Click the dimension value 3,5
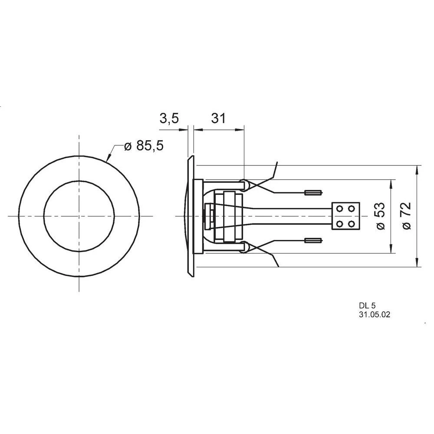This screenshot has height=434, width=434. pos(169,118)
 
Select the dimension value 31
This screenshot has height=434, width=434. pos(218,118)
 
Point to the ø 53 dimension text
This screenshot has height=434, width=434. pos(380,216)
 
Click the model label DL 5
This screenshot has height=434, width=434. pos(367,306)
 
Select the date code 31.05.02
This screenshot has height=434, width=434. pos(374,316)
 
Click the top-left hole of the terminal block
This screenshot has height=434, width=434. pos(339,209)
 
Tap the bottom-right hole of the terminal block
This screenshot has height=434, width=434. pos(353,224)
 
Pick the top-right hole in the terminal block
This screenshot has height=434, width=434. pos(353,209)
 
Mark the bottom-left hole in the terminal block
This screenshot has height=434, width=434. pos(339,224)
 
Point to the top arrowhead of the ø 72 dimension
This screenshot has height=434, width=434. pos(418,169)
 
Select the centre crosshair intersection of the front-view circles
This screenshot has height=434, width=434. pos(79,216)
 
